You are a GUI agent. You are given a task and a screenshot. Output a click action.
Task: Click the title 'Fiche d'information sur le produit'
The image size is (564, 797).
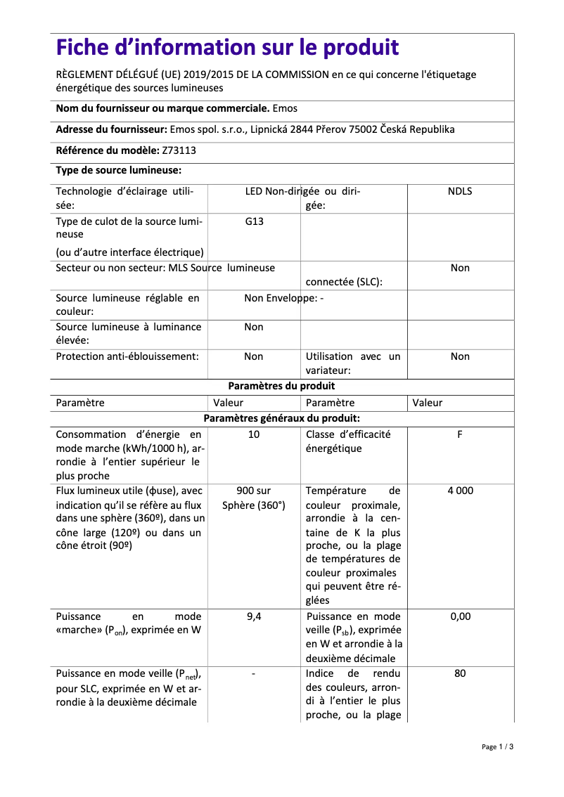[227, 48]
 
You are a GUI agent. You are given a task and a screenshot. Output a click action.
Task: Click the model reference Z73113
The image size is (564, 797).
[180, 150]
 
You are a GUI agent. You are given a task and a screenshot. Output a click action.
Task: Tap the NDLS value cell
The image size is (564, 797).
[460, 191]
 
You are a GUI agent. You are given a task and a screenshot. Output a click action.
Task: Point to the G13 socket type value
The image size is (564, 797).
[254, 221]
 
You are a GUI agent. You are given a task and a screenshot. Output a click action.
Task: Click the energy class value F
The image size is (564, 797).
[460, 434]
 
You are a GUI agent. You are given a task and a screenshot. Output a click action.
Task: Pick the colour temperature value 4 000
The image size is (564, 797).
[460, 491]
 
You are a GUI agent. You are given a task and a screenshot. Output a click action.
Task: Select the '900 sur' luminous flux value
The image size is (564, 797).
[254, 491]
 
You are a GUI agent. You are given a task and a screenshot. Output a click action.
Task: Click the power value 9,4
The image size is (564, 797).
[254, 616]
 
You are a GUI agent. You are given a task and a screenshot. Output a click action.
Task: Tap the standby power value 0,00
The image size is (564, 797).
[460, 616]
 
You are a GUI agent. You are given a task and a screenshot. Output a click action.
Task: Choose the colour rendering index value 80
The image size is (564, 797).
[460, 673]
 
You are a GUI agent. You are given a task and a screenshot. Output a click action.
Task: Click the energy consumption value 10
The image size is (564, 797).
[254, 434]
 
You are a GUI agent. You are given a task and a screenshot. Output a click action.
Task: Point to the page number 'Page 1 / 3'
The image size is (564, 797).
[497, 746]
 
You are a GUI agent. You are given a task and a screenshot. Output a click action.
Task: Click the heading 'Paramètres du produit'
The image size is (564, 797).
[281, 386]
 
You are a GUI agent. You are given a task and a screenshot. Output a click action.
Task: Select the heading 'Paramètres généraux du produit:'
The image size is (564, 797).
[281, 418]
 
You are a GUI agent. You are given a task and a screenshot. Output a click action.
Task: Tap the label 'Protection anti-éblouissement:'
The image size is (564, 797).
[127, 356]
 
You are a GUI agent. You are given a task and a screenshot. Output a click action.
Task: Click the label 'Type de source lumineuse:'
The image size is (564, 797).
[119, 170]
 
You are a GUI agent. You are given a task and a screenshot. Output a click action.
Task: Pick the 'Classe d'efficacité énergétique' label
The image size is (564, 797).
[348, 441]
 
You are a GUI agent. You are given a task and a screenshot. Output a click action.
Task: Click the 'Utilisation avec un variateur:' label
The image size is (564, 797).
[353, 363]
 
